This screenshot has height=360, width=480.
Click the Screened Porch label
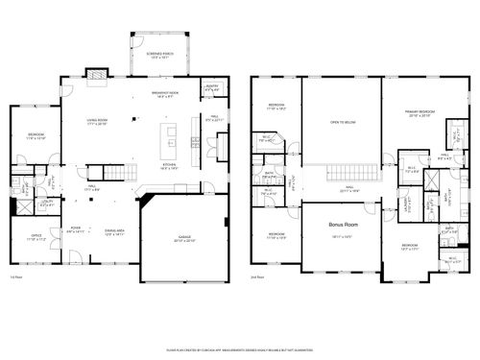(x=154, y=55)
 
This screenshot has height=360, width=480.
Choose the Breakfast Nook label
(x=167, y=92)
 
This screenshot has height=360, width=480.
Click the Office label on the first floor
(x=36, y=235)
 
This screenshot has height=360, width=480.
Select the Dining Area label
(x=114, y=231)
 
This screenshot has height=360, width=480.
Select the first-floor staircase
(x=115, y=174)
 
